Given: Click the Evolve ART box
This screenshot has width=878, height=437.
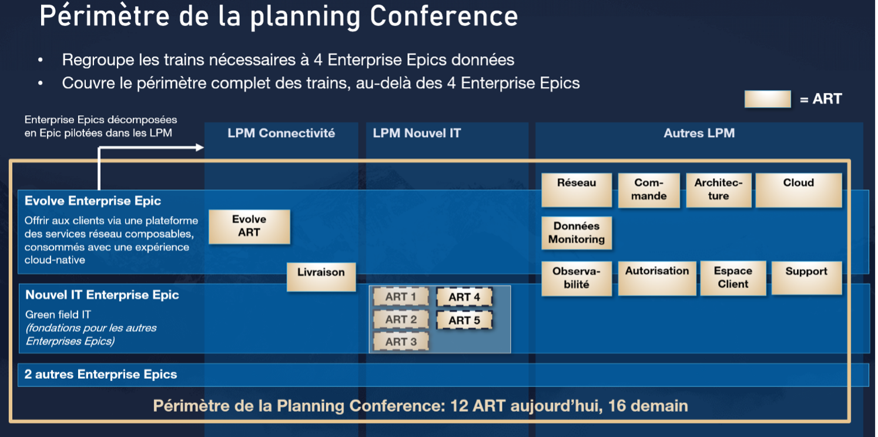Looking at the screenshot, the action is pyautogui.click(x=249, y=227).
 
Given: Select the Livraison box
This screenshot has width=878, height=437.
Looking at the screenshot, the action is pyautogui.click(x=321, y=277).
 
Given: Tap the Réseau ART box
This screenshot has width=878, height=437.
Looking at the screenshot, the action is pyautogui.click(x=577, y=190).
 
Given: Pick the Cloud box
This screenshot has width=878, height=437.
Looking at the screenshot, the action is pyautogui.click(x=799, y=190).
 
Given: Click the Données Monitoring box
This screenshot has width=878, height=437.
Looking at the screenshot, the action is pyautogui.click(x=577, y=233).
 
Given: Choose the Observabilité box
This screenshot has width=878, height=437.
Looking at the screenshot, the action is pyautogui.click(x=577, y=278).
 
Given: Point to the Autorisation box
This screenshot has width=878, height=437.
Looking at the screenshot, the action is pyautogui.click(x=657, y=278).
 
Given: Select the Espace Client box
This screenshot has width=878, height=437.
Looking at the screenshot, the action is pyautogui.click(x=733, y=278).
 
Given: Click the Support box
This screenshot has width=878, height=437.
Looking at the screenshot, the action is pyautogui.click(x=807, y=278).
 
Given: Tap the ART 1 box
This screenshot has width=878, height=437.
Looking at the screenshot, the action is pyautogui.click(x=401, y=296).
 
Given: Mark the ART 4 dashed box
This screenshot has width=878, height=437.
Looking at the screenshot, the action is pyautogui.click(x=464, y=297).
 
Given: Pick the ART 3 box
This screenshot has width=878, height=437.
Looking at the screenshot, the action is pyautogui.click(x=401, y=342).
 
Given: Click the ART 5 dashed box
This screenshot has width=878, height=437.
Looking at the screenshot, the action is pyautogui.click(x=464, y=320).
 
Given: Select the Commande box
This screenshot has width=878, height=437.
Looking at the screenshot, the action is pyautogui.click(x=649, y=190).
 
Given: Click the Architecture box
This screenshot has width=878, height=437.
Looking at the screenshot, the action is pyautogui.click(x=719, y=190).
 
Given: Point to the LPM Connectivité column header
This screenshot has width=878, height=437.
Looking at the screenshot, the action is pyautogui.click(x=282, y=134).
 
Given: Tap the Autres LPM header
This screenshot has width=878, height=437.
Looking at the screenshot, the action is pyautogui.click(x=699, y=134).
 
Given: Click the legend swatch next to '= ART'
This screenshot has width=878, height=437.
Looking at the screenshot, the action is pyautogui.click(x=768, y=99).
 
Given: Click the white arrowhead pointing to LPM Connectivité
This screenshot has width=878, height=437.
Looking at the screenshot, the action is pyautogui.click(x=200, y=148).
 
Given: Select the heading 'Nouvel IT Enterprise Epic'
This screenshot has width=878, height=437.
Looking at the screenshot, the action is pyautogui.click(x=102, y=295).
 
